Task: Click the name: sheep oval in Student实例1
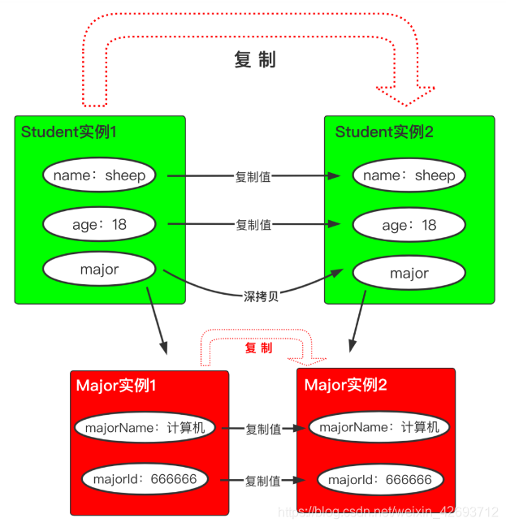[99, 175]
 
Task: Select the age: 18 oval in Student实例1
[99, 225]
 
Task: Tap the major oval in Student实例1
[99, 270]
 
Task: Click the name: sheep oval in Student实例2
[409, 175]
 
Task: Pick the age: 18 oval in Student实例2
[409, 226]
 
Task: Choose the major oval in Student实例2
[409, 274]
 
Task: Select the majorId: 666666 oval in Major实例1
[145, 479]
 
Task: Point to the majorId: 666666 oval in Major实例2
[379, 480]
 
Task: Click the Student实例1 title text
[69, 132]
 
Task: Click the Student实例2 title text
[384, 132]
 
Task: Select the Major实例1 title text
[115, 386]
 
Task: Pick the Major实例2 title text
[345, 384]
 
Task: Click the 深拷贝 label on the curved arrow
[262, 296]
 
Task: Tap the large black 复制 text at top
[255, 60]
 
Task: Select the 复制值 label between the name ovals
[253, 176]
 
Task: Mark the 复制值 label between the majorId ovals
[263, 481]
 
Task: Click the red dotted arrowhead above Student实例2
[406, 96]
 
